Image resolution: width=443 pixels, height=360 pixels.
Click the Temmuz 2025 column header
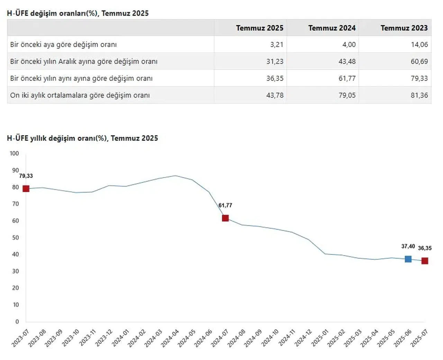pyautogui.click(x=260, y=28)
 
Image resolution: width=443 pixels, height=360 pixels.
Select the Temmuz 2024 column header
pyautogui.click(x=332, y=28)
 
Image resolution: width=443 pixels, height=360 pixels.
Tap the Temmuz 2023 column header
pyautogui.click(x=404, y=28)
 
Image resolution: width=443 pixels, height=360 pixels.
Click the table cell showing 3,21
pyautogui.click(x=277, y=45)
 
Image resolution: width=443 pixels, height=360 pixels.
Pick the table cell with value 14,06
pyautogui.click(x=419, y=45)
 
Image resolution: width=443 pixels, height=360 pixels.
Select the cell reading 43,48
pyautogui.click(x=347, y=62)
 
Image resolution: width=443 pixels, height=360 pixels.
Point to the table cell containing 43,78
pyautogui.click(x=275, y=95)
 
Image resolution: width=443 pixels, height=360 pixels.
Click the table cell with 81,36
pyautogui.click(x=419, y=95)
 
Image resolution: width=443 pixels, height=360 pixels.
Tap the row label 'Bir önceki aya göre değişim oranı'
pyautogui.click(x=63, y=45)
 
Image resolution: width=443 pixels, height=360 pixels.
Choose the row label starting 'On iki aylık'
pyautogui.click(x=80, y=95)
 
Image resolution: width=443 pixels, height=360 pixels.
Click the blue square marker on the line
pyautogui.click(x=408, y=259)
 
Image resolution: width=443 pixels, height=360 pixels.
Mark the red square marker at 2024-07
pyautogui.click(x=225, y=218)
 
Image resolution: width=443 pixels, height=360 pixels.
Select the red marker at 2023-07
pyautogui.click(x=26, y=189)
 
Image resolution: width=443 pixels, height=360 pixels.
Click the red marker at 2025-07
pyautogui.click(x=425, y=261)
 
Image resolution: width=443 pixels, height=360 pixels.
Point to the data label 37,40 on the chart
pyautogui.click(x=408, y=246)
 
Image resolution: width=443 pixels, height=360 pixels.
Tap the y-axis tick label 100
pyautogui.click(x=14, y=153)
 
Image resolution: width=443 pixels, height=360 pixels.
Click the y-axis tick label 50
pyautogui.click(x=16, y=237)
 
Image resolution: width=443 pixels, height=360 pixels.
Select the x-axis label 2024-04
pyautogui.click(x=170, y=337)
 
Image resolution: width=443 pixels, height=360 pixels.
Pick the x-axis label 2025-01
pyautogui.click(x=320, y=337)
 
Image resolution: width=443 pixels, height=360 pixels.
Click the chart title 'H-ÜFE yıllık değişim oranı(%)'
pyautogui.click(x=82, y=138)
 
